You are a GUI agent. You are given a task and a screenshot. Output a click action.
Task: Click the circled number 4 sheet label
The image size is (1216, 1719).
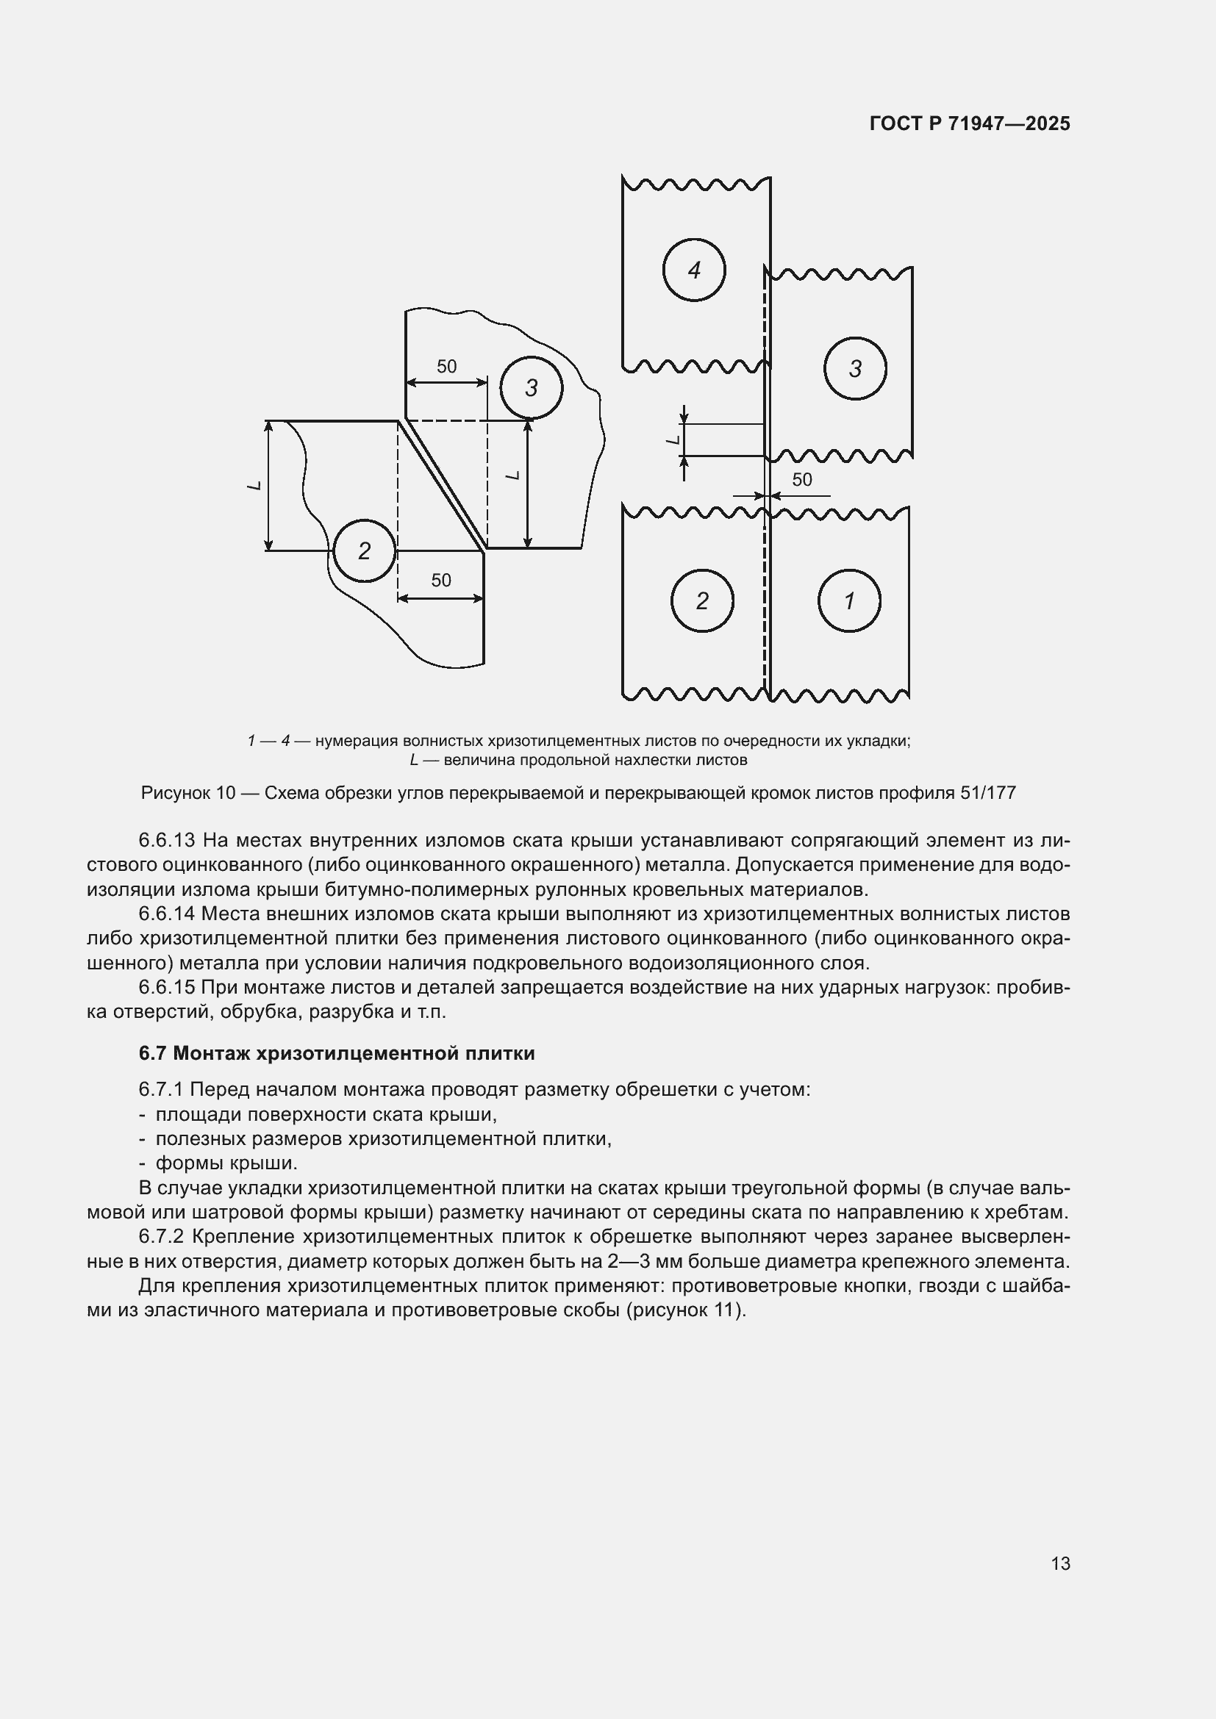pyautogui.click(x=693, y=270)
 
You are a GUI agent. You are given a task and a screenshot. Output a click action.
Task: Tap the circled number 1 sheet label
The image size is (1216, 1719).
pyautogui.click(x=849, y=600)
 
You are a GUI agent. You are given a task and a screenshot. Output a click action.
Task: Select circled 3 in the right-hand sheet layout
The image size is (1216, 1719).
pyautogui.click(x=855, y=368)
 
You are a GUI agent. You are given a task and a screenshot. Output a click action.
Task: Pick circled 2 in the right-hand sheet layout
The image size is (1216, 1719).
pyautogui.click(x=701, y=600)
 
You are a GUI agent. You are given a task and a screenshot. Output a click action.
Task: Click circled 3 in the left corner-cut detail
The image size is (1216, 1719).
pyautogui.click(x=531, y=388)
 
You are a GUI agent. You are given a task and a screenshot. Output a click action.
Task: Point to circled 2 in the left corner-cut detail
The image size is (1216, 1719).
pyautogui.click(x=364, y=551)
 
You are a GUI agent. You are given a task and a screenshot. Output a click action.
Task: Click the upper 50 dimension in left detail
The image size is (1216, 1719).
pyautogui.click(x=446, y=366)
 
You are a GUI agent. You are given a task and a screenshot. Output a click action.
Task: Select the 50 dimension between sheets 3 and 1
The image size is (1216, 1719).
pyautogui.click(x=802, y=479)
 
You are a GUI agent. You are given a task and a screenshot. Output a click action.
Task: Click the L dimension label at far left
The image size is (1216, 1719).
pyautogui.click(x=254, y=486)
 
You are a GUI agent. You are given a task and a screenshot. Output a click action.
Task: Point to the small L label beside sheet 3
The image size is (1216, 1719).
pyautogui.click(x=673, y=439)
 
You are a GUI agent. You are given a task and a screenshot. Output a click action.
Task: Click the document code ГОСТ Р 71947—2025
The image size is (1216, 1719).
pyautogui.click(x=970, y=123)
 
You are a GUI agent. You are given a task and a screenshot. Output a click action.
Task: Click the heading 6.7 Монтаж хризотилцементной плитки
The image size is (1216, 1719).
pyautogui.click(x=337, y=1052)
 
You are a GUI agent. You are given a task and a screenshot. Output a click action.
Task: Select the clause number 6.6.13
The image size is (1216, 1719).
pyautogui.click(x=168, y=840)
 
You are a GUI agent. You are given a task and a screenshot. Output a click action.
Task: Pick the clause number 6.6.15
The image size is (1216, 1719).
pyautogui.click(x=168, y=987)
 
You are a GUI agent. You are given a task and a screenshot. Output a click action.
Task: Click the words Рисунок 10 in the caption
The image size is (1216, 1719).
pyautogui.click(x=188, y=792)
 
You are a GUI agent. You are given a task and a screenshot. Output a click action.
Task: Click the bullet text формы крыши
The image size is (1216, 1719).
pyautogui.click(x=226, y=1163)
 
